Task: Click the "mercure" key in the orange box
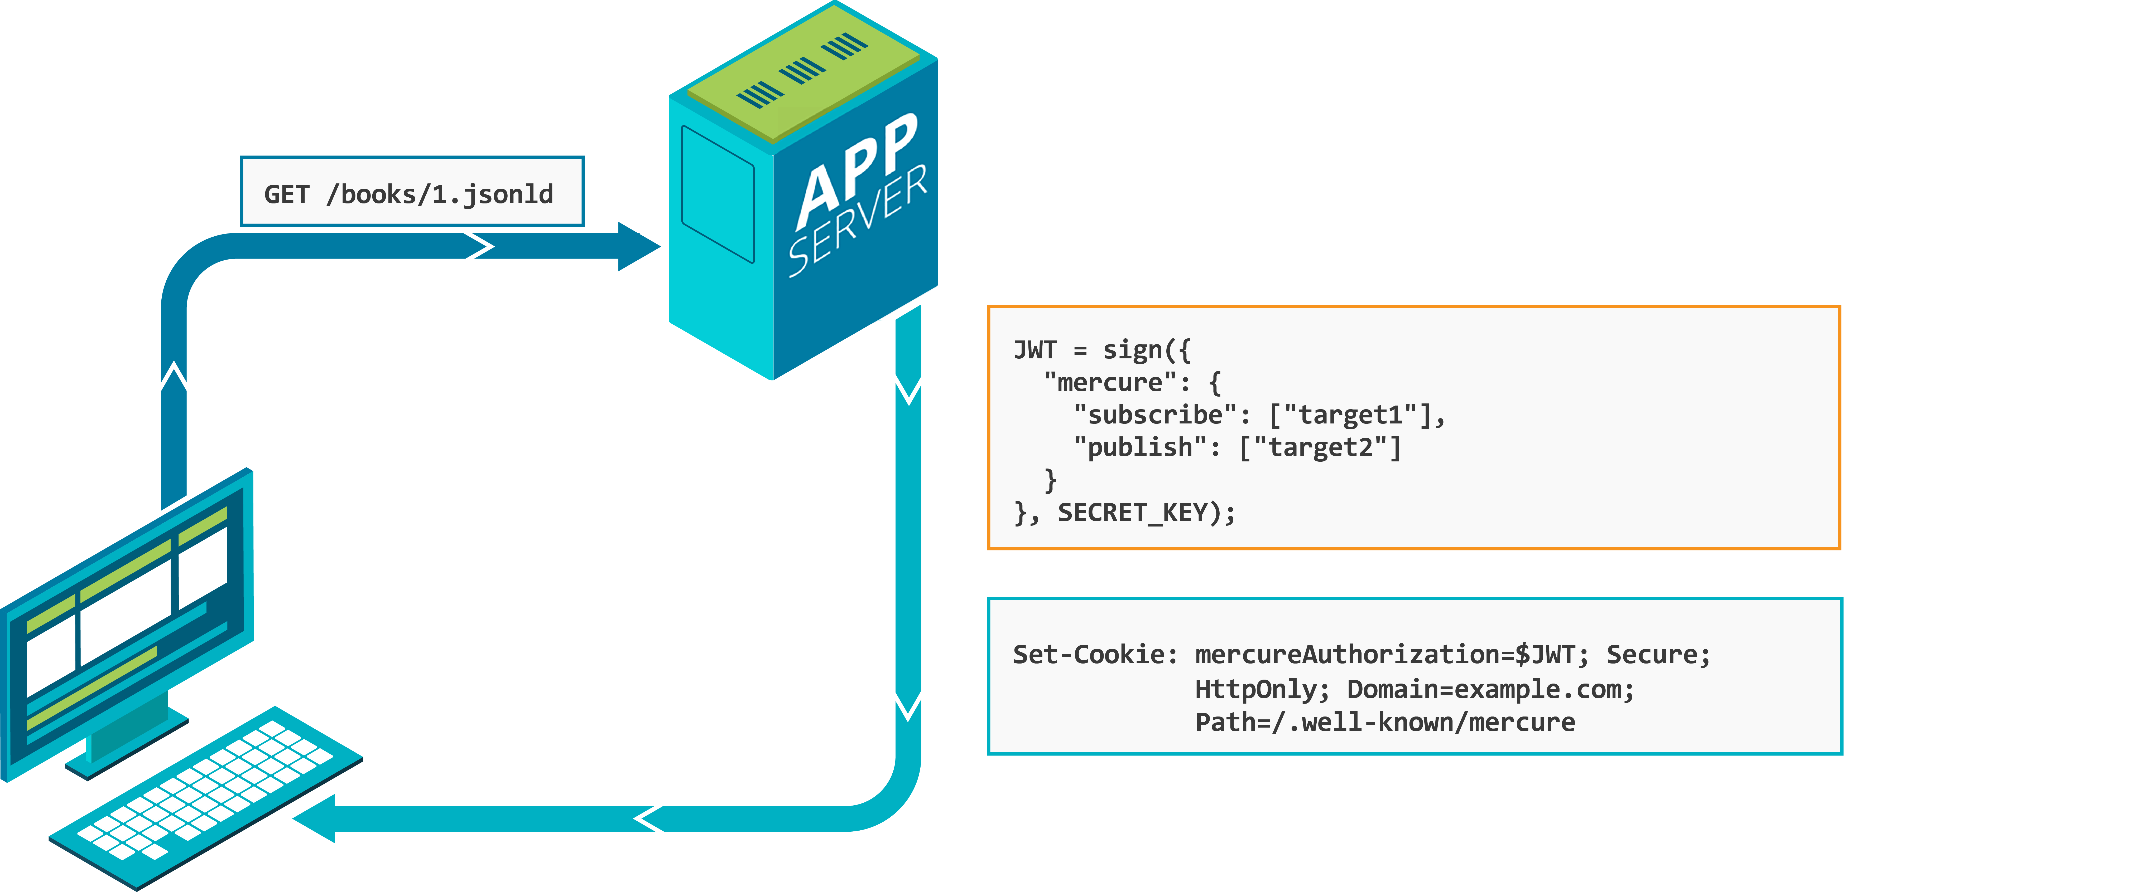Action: click(1110, 382)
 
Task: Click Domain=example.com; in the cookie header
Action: click(1490, 689)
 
